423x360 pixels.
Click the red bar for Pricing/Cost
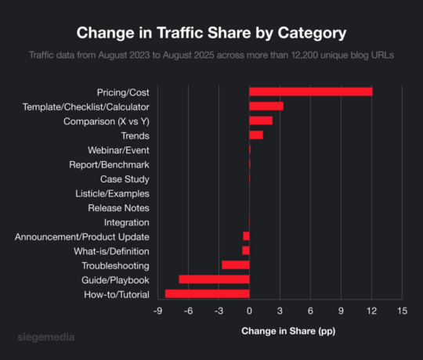pos(310,92)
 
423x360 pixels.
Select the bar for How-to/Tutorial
pos(207,293)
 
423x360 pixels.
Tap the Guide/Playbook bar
pos(214,279)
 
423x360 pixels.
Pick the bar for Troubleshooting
pos(235,265)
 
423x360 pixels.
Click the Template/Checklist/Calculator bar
pos(266,106)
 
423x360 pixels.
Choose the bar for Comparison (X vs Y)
pos(260,121)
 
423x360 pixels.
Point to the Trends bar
pos(255,135)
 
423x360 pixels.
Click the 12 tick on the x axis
pos(371,311)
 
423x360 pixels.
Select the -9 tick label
pos(157,311)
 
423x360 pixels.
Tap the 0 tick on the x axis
pos(249,311)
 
